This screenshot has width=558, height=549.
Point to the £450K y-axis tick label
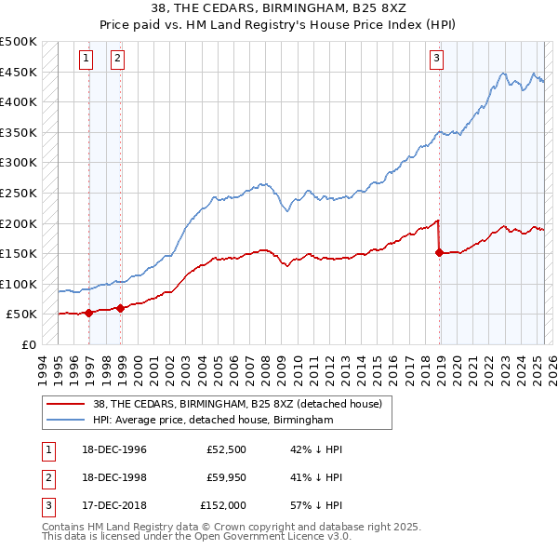pyautogui.click(x=19, y=72)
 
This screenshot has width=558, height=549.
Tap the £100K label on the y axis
pyautogui.click(x=19, y=284)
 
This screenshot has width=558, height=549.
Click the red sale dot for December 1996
pyautogui.click(x=88, y=313)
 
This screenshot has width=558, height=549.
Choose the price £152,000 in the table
pyautogui.click(x=222, y=507)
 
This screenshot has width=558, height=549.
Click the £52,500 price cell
pyautogui.click(x=225, y=449)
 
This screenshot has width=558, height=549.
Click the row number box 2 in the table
pyautogui.click(x=47, y=478)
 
